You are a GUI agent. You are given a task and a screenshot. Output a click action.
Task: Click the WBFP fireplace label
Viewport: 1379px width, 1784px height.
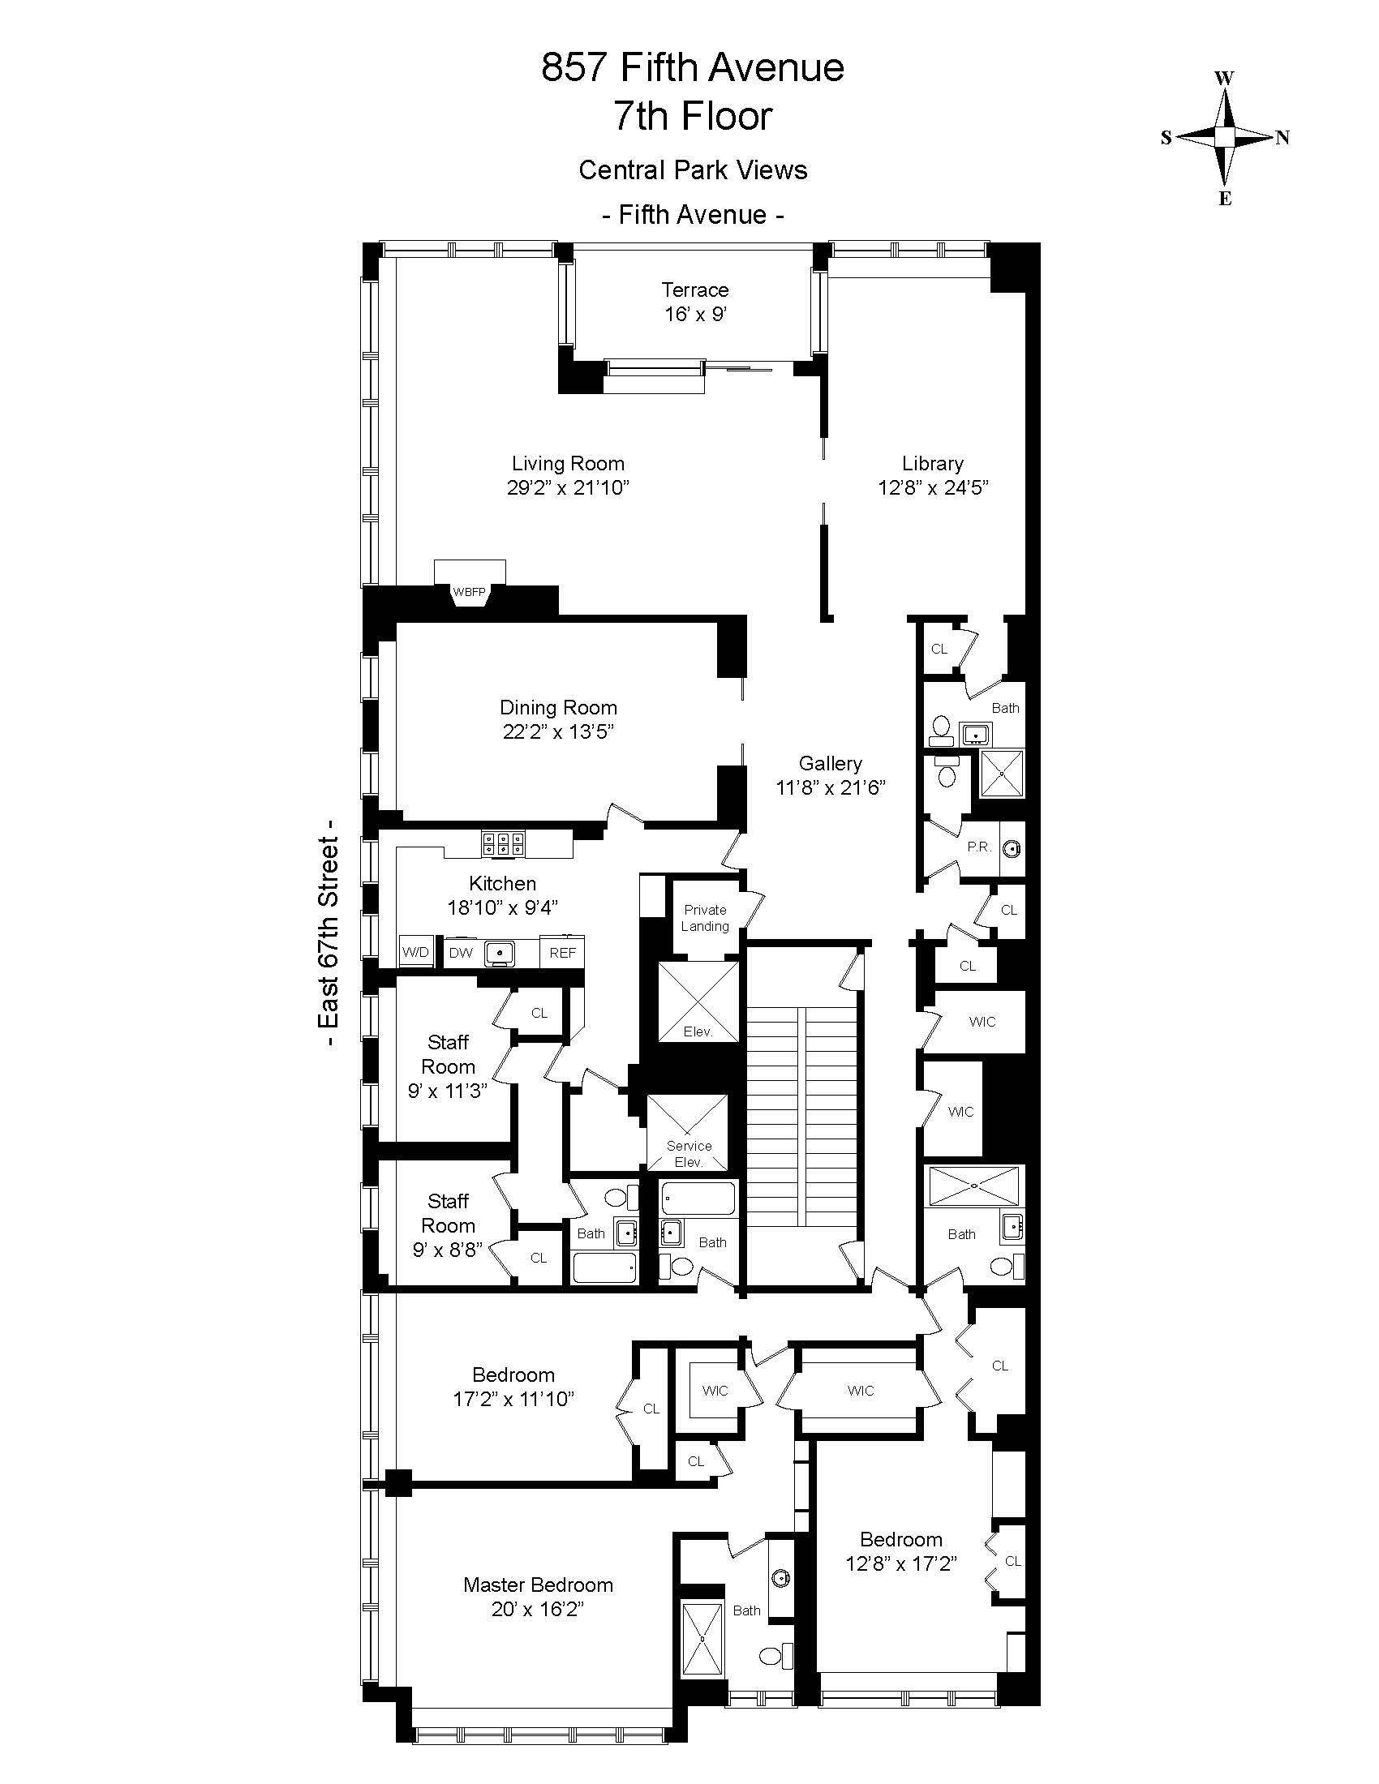tap(469, 592)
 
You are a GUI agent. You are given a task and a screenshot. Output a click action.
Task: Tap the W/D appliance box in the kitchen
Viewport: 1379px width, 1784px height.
tap(415, 953)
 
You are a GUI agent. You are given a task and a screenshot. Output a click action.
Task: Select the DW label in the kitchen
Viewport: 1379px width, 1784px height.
tap(461, 953)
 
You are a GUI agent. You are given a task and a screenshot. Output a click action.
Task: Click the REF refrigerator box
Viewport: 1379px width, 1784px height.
tap(562, 953)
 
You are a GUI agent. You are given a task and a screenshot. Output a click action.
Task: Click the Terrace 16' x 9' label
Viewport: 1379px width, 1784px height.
tap(695, 302)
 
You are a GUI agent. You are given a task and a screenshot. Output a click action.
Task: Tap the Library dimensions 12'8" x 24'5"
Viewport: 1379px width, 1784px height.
tap(933, 487)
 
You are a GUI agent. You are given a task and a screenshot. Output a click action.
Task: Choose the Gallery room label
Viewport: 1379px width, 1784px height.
tap(830, 763)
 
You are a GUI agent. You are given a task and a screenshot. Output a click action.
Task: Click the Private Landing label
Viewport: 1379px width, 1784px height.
tap(705, 918)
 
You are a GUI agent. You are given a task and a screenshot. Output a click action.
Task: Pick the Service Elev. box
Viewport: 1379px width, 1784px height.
tap(688, 1132)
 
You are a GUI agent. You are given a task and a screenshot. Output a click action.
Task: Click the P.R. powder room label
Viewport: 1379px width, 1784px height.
tap(979, 847)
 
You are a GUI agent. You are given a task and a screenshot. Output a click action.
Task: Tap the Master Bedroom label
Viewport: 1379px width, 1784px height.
tap(538, 1585)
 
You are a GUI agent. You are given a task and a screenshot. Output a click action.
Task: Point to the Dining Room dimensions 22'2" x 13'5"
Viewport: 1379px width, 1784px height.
tap(558, 732)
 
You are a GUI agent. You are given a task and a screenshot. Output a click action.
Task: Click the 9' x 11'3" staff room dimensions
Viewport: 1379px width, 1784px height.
tap(448, 1091)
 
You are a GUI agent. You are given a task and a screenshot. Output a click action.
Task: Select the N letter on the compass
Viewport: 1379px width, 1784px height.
tap(1282, 137)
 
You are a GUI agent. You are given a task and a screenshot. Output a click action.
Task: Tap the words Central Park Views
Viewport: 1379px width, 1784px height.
tap(693, 170)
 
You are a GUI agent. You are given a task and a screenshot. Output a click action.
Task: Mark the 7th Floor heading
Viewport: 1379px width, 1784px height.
tap(693, 115)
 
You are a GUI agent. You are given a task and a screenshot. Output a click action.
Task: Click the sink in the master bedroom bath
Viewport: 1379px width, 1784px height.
tap(781, 1578)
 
